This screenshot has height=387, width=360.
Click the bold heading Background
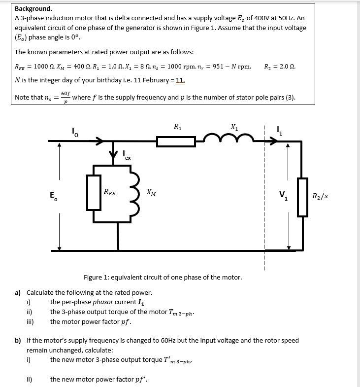click(x=33, y=8)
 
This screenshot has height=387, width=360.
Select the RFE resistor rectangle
click(x=94, y=191)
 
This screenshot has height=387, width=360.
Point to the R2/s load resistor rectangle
click(x=302, y=196)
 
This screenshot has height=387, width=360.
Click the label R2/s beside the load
click(x=320, y=196)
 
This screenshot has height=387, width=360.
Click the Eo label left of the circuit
click(x=53, y=196)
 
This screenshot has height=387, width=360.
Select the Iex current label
click(x=127, y=156)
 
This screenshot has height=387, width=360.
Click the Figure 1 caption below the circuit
click(x=163, y=277)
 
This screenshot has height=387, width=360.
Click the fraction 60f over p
click(x=65, y=97)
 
